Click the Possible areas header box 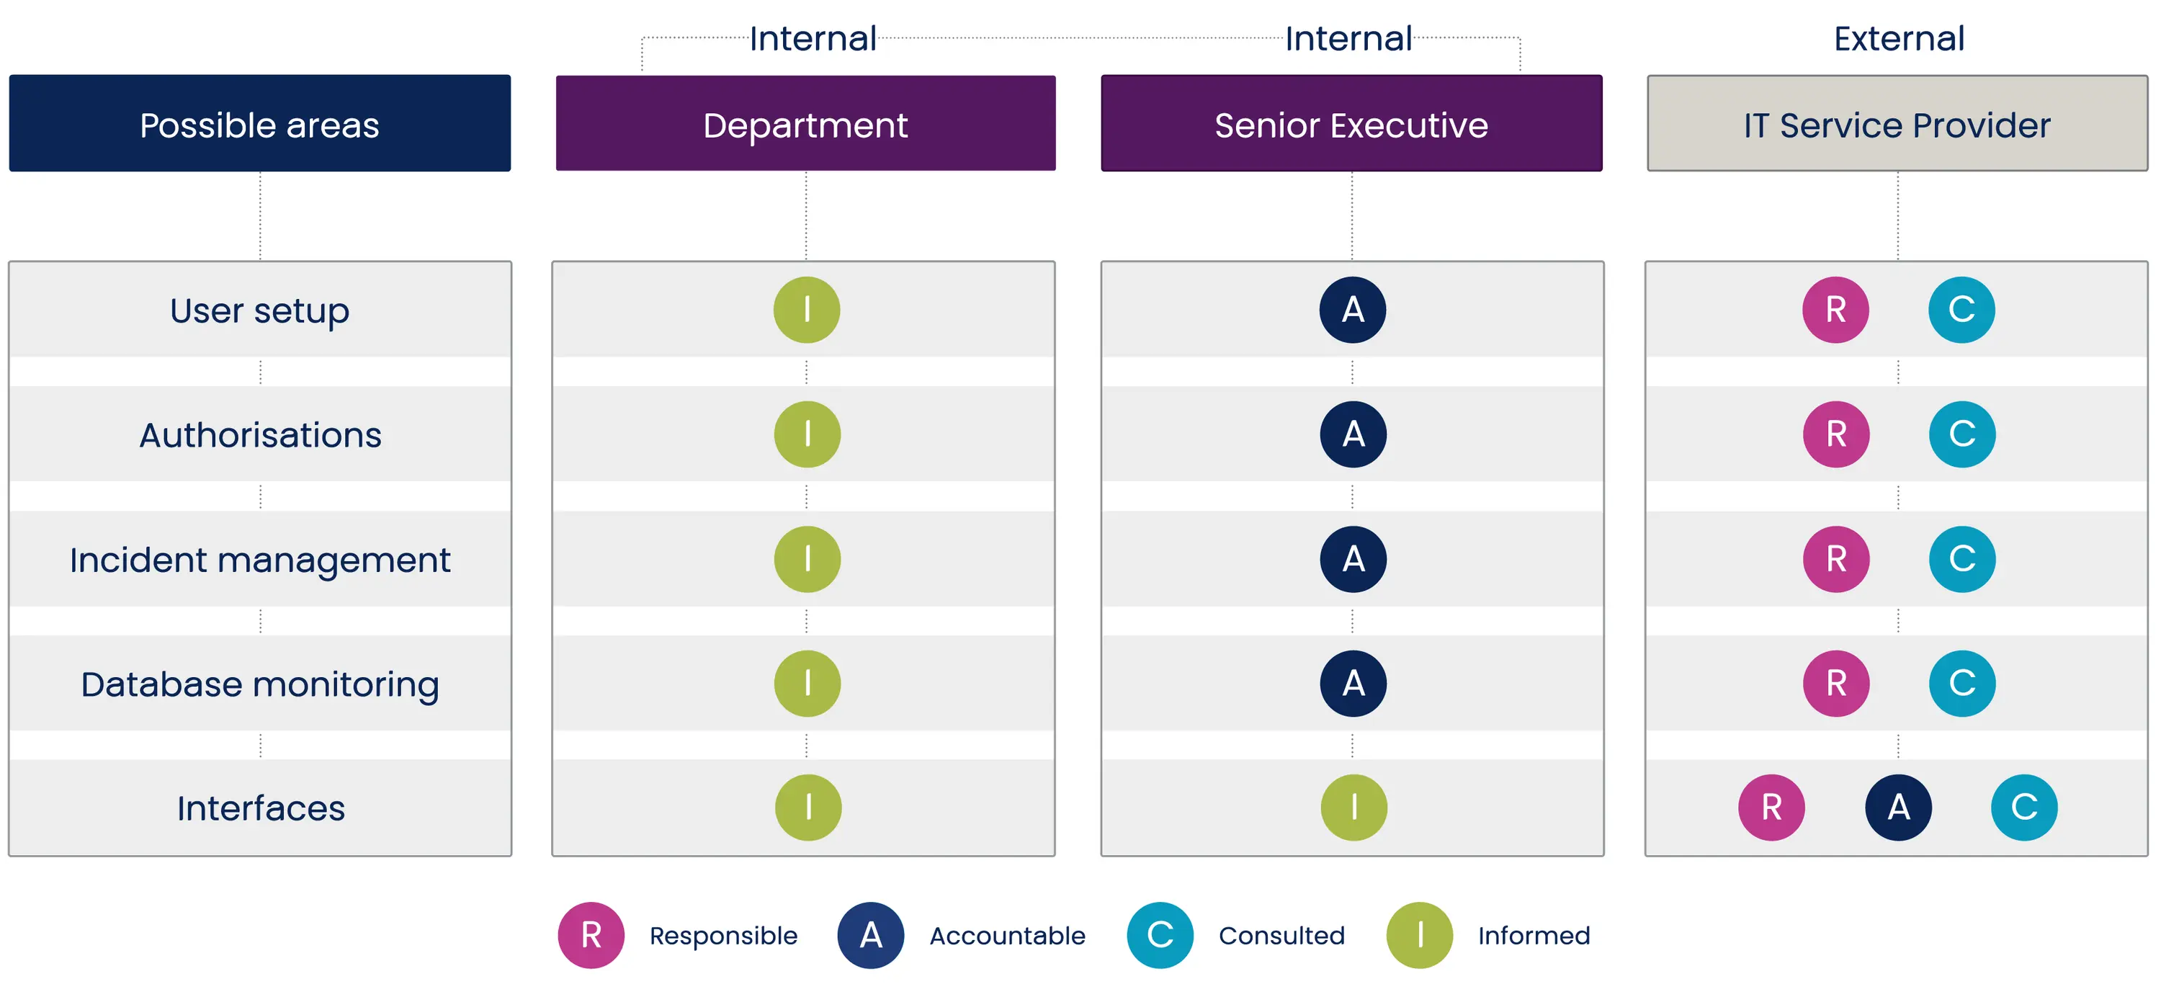(260, 123)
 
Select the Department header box (805, 123)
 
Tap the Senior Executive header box (1351, 123)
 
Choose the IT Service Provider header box (1897, 123)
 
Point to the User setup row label (260, 310)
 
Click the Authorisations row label (260, 434)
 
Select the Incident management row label (260, 560)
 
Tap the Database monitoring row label (260, 684)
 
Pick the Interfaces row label (261, 808)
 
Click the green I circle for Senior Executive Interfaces (1354, 808)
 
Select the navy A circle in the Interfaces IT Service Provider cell (1898, 808)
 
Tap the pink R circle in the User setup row (1835, 310)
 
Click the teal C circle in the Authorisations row (1962, 434)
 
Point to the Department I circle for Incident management (807, 559)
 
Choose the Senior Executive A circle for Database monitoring (1353, 683)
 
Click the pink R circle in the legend (591, 935)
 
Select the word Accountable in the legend (1008, 936)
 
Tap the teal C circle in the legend (1160, 935)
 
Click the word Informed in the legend (1534, 936)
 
